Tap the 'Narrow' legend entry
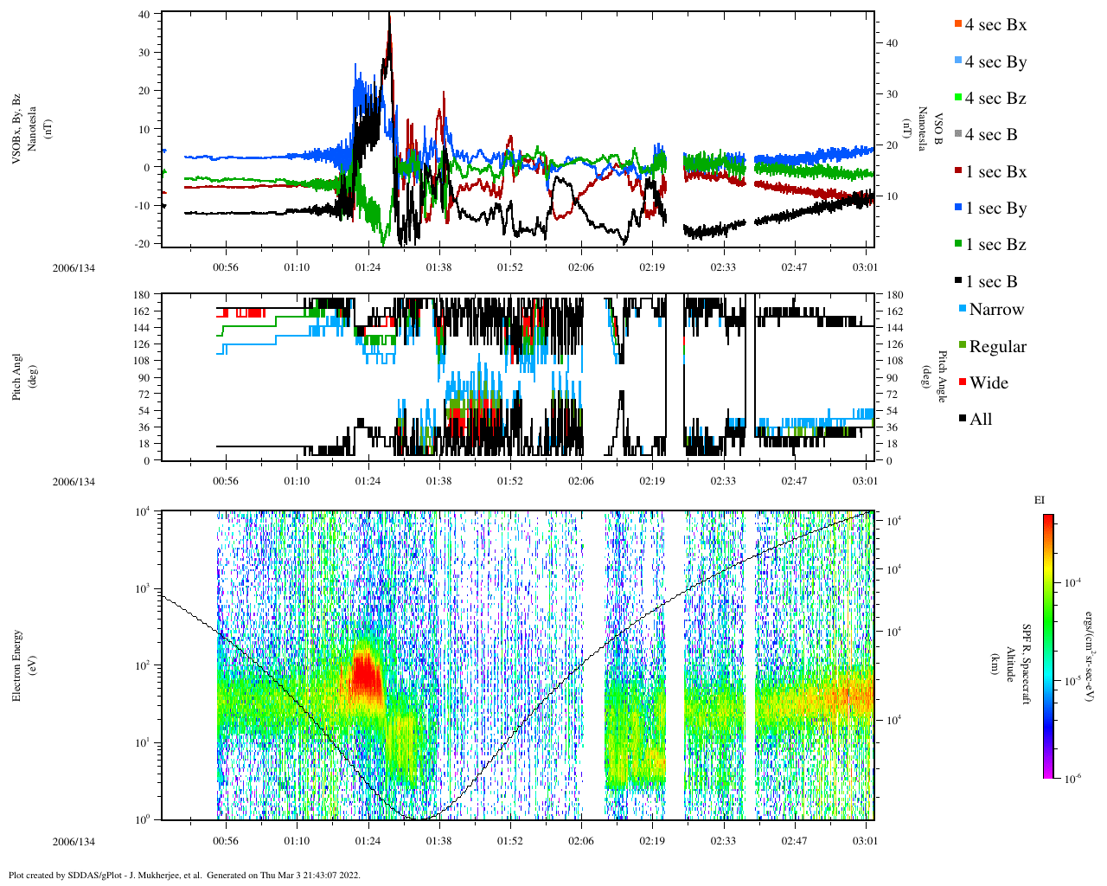995,310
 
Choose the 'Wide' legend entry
988,383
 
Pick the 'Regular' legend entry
996,347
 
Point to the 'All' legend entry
980,420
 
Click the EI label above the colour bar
1040,500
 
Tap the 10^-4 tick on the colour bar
1073,583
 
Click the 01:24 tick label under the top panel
368,267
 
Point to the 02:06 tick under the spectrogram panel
581,841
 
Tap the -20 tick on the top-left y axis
141,243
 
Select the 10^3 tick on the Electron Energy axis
142,588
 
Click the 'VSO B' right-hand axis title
931,130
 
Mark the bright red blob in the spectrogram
367,679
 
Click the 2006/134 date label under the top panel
74,267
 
